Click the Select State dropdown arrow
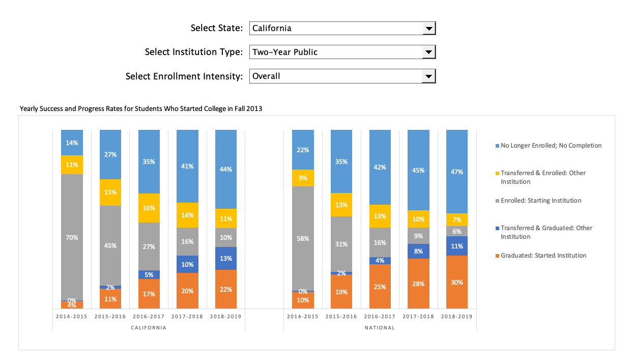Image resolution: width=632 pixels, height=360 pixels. (x=428, y=29)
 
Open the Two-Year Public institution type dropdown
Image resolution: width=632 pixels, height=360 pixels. (x=428, y=52)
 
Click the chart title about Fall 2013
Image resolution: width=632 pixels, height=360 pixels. (x=140, y=108)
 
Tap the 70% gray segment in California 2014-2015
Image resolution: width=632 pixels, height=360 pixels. (x=72, y=237)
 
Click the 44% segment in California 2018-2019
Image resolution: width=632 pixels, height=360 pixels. (x=226, y=169)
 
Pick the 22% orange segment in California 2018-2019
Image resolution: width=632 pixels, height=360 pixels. (x=226, y=289)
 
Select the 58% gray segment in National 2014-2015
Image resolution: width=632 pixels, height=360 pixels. (x=303, y=238)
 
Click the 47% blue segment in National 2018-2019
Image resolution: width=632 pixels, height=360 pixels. (x=457, y=172)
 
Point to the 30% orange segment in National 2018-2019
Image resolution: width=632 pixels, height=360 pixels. (x=457, y=282)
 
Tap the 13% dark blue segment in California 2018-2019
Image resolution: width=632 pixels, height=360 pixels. (x=226, y=258)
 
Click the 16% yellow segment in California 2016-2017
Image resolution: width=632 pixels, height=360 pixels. (x=149, y=208)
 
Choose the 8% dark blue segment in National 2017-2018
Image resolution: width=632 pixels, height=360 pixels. (x=418, y=251)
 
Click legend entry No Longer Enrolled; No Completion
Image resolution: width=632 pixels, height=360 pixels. (x=551, y=146)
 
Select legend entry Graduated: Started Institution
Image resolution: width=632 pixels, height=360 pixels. (x=543, y=256)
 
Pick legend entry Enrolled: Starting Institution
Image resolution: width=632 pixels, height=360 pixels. (x=540, y=201)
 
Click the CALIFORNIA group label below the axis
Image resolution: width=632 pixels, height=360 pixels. (x=149, y=328)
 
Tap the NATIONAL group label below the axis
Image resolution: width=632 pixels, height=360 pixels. (x=380, y=328)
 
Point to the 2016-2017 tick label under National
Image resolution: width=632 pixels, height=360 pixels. (x=380, y=316)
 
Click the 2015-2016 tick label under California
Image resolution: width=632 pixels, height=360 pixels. (x=110, y=316)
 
